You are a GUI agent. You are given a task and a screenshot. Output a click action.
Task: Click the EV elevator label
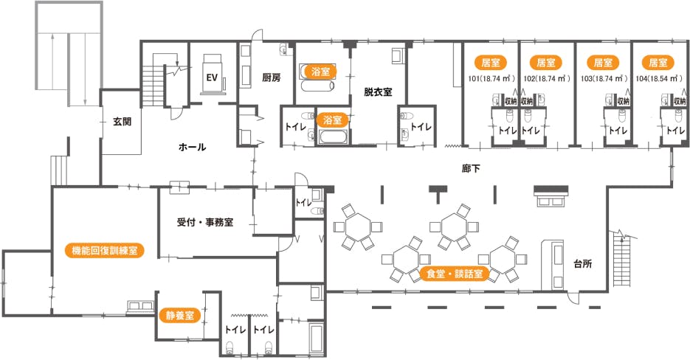tap(211, 77)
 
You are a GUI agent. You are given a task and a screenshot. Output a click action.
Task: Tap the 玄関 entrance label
tap(122, 122)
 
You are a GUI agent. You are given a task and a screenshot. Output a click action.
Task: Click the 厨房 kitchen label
tap(271, 77)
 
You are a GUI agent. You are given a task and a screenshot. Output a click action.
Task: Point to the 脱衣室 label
tap(377, 92)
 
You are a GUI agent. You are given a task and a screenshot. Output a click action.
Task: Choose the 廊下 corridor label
tap(471, 169)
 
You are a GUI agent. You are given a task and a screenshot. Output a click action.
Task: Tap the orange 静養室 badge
tap(179, 316)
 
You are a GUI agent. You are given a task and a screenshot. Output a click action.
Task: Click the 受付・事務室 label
tap(205, 222)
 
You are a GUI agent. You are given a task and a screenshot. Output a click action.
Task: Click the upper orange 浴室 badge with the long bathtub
tap(320, 72)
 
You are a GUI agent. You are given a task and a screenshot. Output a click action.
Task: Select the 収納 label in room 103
tap(623, 101)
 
